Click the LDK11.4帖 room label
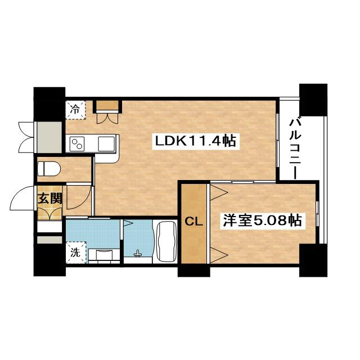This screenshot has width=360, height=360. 195,141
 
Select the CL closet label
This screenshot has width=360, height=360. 193,222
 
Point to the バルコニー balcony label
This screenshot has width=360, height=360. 296,147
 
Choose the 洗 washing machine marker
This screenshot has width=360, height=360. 75,253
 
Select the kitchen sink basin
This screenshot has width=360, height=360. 106,143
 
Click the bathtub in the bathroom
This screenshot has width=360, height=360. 165,242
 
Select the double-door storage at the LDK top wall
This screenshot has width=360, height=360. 107,111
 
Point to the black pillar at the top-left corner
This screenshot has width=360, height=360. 49,103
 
